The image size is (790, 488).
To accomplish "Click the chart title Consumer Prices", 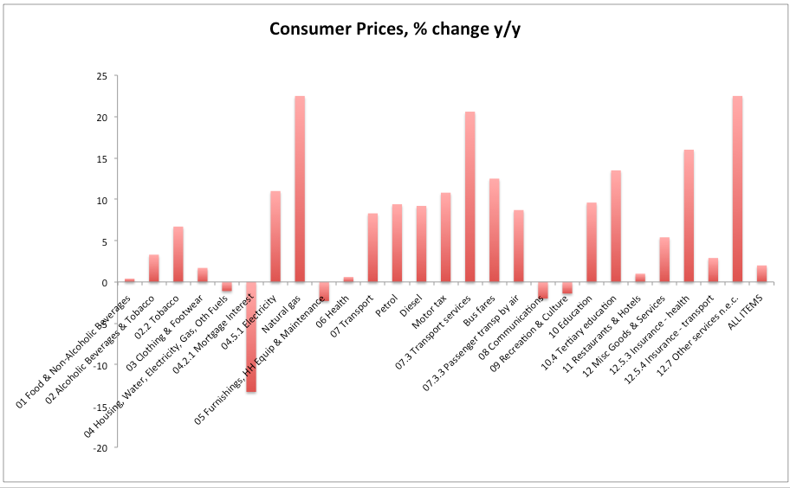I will (395, 29).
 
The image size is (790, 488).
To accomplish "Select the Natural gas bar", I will (300, 189).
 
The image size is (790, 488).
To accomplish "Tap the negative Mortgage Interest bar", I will (251, 337).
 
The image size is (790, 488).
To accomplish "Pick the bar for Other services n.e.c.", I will (737, 189).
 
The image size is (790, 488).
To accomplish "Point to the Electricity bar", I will (275, 237).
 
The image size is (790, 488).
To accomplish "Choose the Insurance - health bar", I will (689, 216).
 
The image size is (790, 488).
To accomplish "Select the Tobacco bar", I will (178, 254).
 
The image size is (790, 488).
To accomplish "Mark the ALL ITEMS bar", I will (761, 274).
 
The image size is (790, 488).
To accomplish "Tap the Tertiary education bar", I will (616, 227).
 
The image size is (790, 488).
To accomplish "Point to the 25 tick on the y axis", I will (101, 76).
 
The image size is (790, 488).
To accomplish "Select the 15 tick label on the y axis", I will (101, 159).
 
